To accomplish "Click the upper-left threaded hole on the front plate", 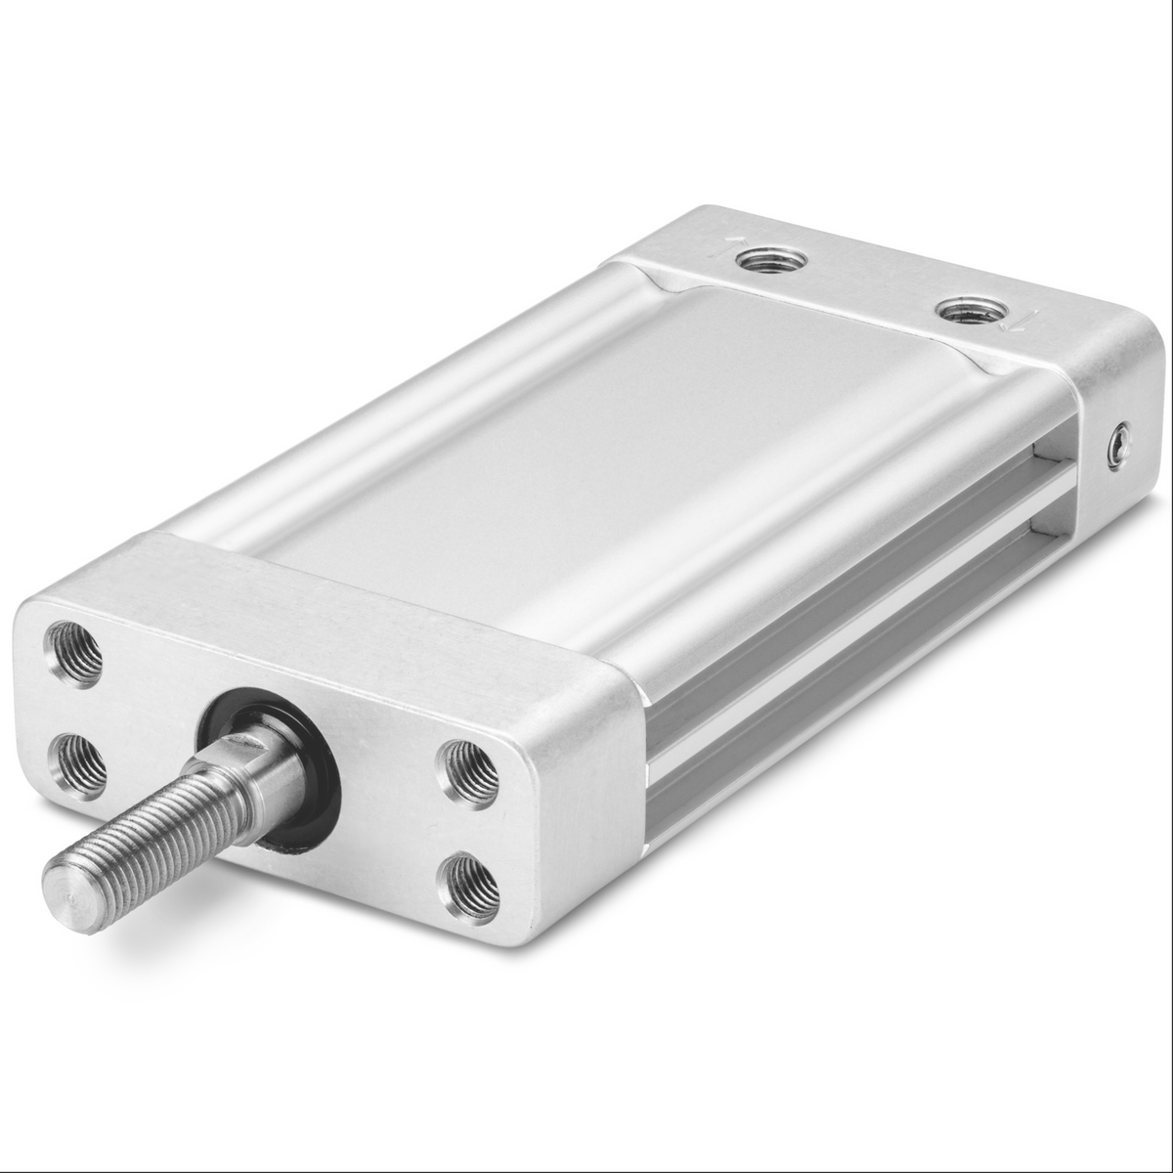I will (x=74, y=653).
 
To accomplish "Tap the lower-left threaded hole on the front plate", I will (x=79, y=761).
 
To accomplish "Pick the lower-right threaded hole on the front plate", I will (x=471, y=887).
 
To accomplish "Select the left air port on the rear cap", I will (x=771, y=259).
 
